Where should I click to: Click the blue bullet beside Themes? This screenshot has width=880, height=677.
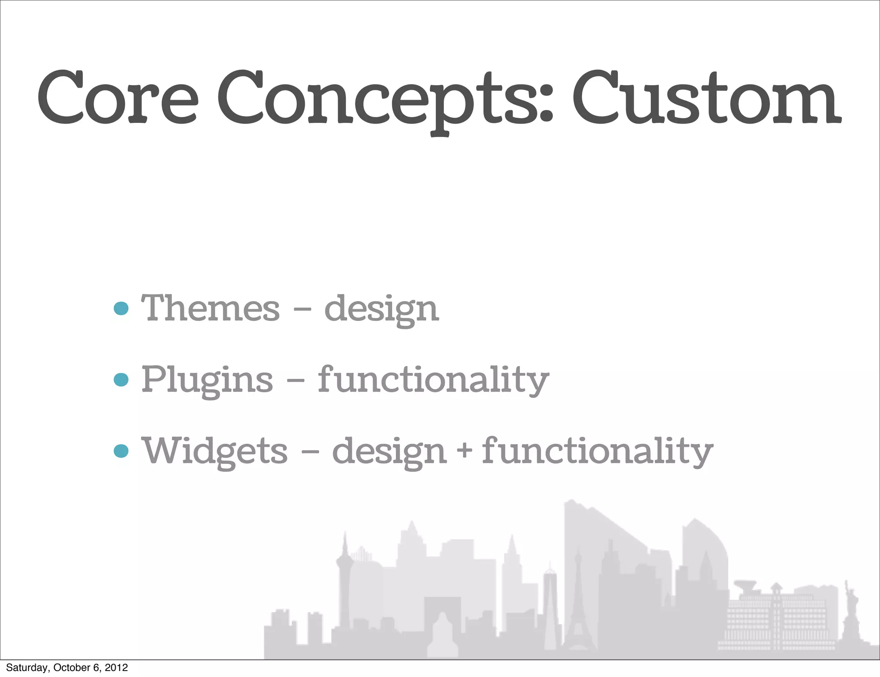pyautogui.click(x=121, y=308)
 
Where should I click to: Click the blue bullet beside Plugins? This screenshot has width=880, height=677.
pyautogui.click(x=121, y=379)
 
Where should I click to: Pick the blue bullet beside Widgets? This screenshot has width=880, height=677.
pyautogui.click(x=121, y=451)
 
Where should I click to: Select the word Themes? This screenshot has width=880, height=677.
pyautogui.click(x=211, y=308)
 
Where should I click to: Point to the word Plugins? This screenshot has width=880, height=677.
pyautogui.click(x=207, y=380)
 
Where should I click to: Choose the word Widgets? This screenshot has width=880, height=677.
pyautogui.click(x=214, y=451)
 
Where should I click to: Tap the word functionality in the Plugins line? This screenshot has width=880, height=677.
pyautogui.click(x=433, y=380)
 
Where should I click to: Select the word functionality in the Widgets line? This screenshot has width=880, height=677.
pyautogui.click(x=597, y=451)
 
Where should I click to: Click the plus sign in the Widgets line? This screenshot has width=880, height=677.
pyautogui.click(x=464, y=451)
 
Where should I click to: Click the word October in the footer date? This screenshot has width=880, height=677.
pyautogui.click(x=71, y=668)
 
